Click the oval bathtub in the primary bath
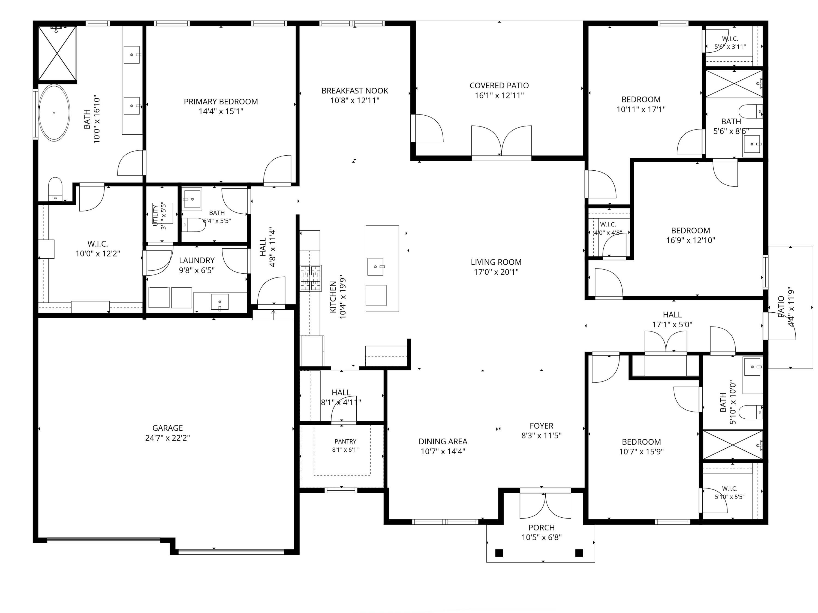tap(54, 113)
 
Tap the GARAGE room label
tap(167, 428)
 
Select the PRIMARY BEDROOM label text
tap(221, 101)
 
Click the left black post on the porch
tap(499, 553)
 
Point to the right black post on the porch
tap(579, 553)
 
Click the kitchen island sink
tap(375, 267)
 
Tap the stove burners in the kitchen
tap(310, 278)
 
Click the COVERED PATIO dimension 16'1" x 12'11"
tap(499, 95)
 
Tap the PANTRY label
tap(345, 442)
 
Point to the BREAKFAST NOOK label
tap(355, 90)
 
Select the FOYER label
tap(542, 426)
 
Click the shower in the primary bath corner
tap(57, 53)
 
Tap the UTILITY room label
tap(155, 215)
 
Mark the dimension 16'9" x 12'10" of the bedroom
tap(690, 240)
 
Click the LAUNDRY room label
tap(197, 260)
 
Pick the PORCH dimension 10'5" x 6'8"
tap(542, 537)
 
